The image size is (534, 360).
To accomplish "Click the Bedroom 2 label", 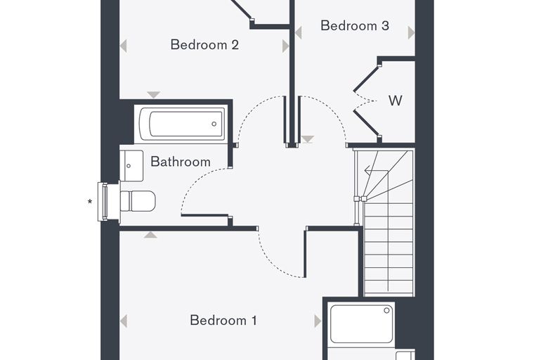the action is (204, 45).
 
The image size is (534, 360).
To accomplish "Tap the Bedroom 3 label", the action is (355, 25).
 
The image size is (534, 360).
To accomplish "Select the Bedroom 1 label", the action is (223, 320).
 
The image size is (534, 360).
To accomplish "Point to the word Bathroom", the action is (181, 162).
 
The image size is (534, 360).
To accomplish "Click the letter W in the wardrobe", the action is (396, 101).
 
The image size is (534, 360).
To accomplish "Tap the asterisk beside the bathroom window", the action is (90, 202).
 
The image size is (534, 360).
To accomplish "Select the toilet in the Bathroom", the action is (138, 201).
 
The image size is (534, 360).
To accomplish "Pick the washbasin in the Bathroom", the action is (131, 166).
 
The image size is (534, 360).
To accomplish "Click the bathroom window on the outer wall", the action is (104, 201).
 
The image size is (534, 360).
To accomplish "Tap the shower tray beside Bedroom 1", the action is (362, 324).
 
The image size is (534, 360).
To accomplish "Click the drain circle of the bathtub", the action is (214, 124).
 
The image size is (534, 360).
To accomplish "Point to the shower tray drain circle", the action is (386, 310).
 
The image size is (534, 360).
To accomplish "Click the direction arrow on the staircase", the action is (371, 169).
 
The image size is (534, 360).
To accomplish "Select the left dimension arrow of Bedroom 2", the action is (124, 46).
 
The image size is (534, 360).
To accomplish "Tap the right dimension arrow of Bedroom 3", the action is (411, 33).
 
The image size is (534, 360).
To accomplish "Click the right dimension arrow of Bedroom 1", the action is (318, 321).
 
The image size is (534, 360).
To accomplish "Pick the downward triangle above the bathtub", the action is (154, 94).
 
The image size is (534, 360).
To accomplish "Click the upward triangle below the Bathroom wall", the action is (150, 235).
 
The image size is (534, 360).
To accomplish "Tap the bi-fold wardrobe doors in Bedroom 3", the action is (366, 101).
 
